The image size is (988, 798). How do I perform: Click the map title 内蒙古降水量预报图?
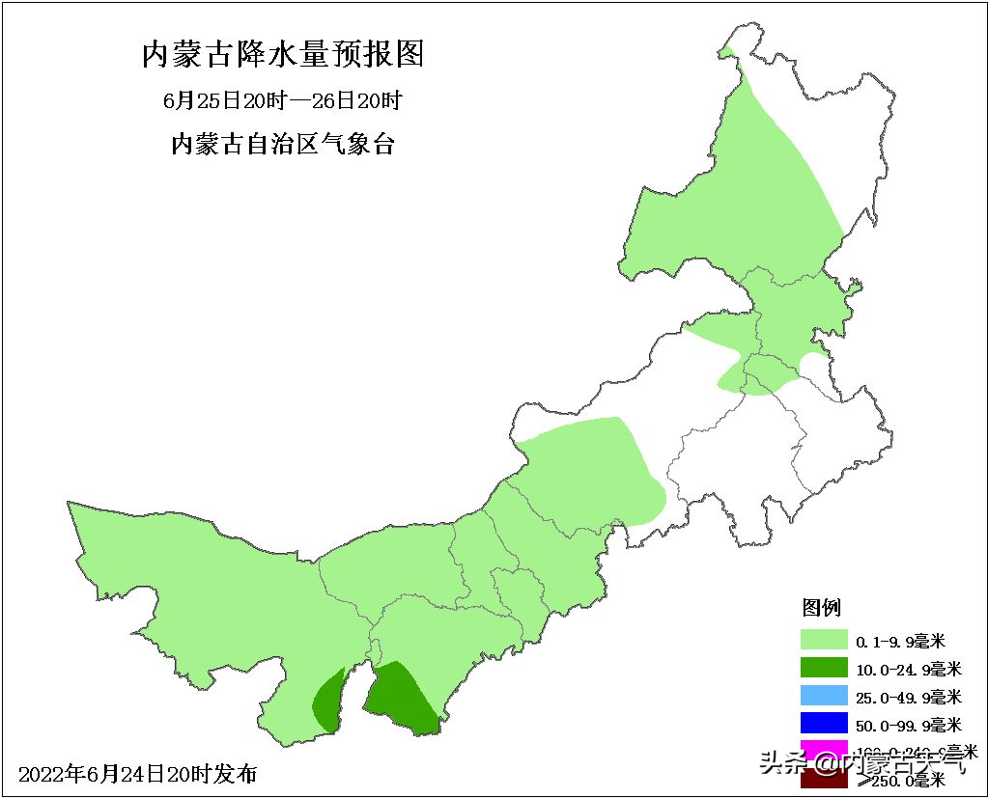coord(283,54)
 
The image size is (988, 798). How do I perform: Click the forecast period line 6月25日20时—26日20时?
coord(282,99)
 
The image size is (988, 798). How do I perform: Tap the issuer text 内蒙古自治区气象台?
coord(282,145)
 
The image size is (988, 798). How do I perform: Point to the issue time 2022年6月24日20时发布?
coord(138,774)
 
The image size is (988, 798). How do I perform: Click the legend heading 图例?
coord(822,608)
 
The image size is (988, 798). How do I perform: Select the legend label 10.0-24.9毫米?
coord(908,669)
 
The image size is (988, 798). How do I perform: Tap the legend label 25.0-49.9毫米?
coord(908,697)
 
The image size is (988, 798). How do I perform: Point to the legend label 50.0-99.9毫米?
coord(908,725)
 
